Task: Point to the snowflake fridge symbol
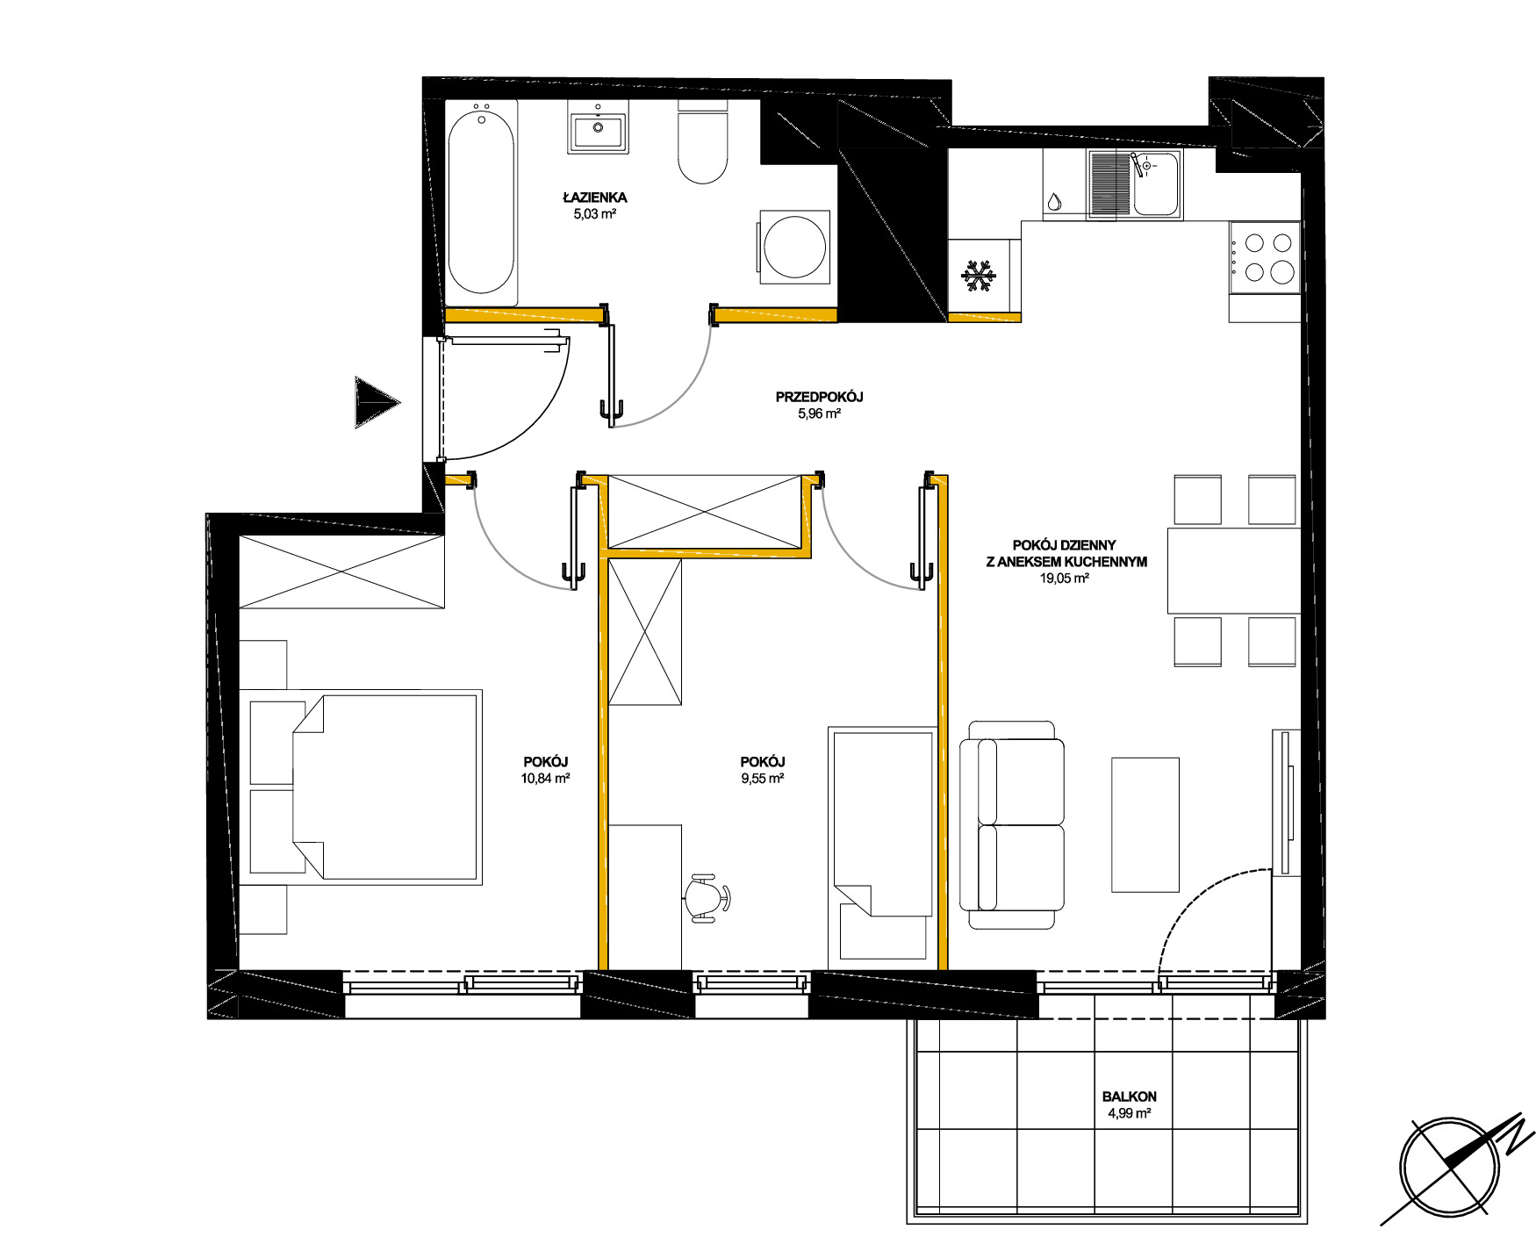point(979,276)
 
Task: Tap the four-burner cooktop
point(1264,257)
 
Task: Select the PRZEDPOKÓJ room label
point(819,397)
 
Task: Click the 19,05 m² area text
point(1064,579)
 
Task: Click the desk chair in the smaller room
point(707,898)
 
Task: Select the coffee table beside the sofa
point(1145,825)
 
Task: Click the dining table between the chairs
point(1233,571)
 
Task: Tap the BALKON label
point(1130,1096)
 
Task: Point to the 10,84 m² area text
point(546,778)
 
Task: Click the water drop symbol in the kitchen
point(1054,202)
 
